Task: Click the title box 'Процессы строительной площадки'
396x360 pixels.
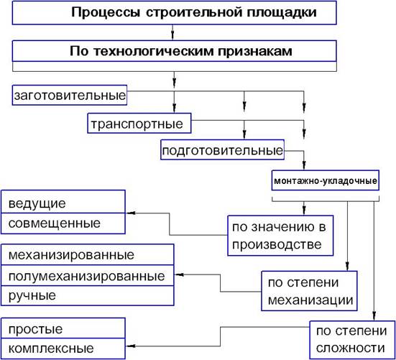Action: (174, 13)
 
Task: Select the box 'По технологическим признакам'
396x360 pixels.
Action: (174, 51)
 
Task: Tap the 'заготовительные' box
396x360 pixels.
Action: (70, 96)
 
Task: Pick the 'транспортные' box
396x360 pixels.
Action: (139, 124)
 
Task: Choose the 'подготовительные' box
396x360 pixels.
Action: (223, 150)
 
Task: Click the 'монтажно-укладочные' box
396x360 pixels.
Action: (326, 180)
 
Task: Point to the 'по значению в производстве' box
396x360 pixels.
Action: (280, 236)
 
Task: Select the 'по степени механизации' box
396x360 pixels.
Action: (309, 291)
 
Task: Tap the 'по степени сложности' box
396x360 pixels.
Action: (352, 340)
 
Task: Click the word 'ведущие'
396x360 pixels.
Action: (37, 203)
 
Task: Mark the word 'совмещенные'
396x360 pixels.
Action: (55, 223)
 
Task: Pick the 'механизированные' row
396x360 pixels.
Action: (88, 254)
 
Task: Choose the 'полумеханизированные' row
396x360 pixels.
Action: (88, 275)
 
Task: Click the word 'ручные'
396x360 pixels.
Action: (32, 295)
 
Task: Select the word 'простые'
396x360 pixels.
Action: (35, 329)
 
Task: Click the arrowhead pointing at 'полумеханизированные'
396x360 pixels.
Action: (179, 274)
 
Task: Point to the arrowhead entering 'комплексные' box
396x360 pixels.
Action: (130, 346)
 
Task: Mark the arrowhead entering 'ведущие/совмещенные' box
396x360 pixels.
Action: (130, 213)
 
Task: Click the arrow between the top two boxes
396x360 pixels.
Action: (172, 32)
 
